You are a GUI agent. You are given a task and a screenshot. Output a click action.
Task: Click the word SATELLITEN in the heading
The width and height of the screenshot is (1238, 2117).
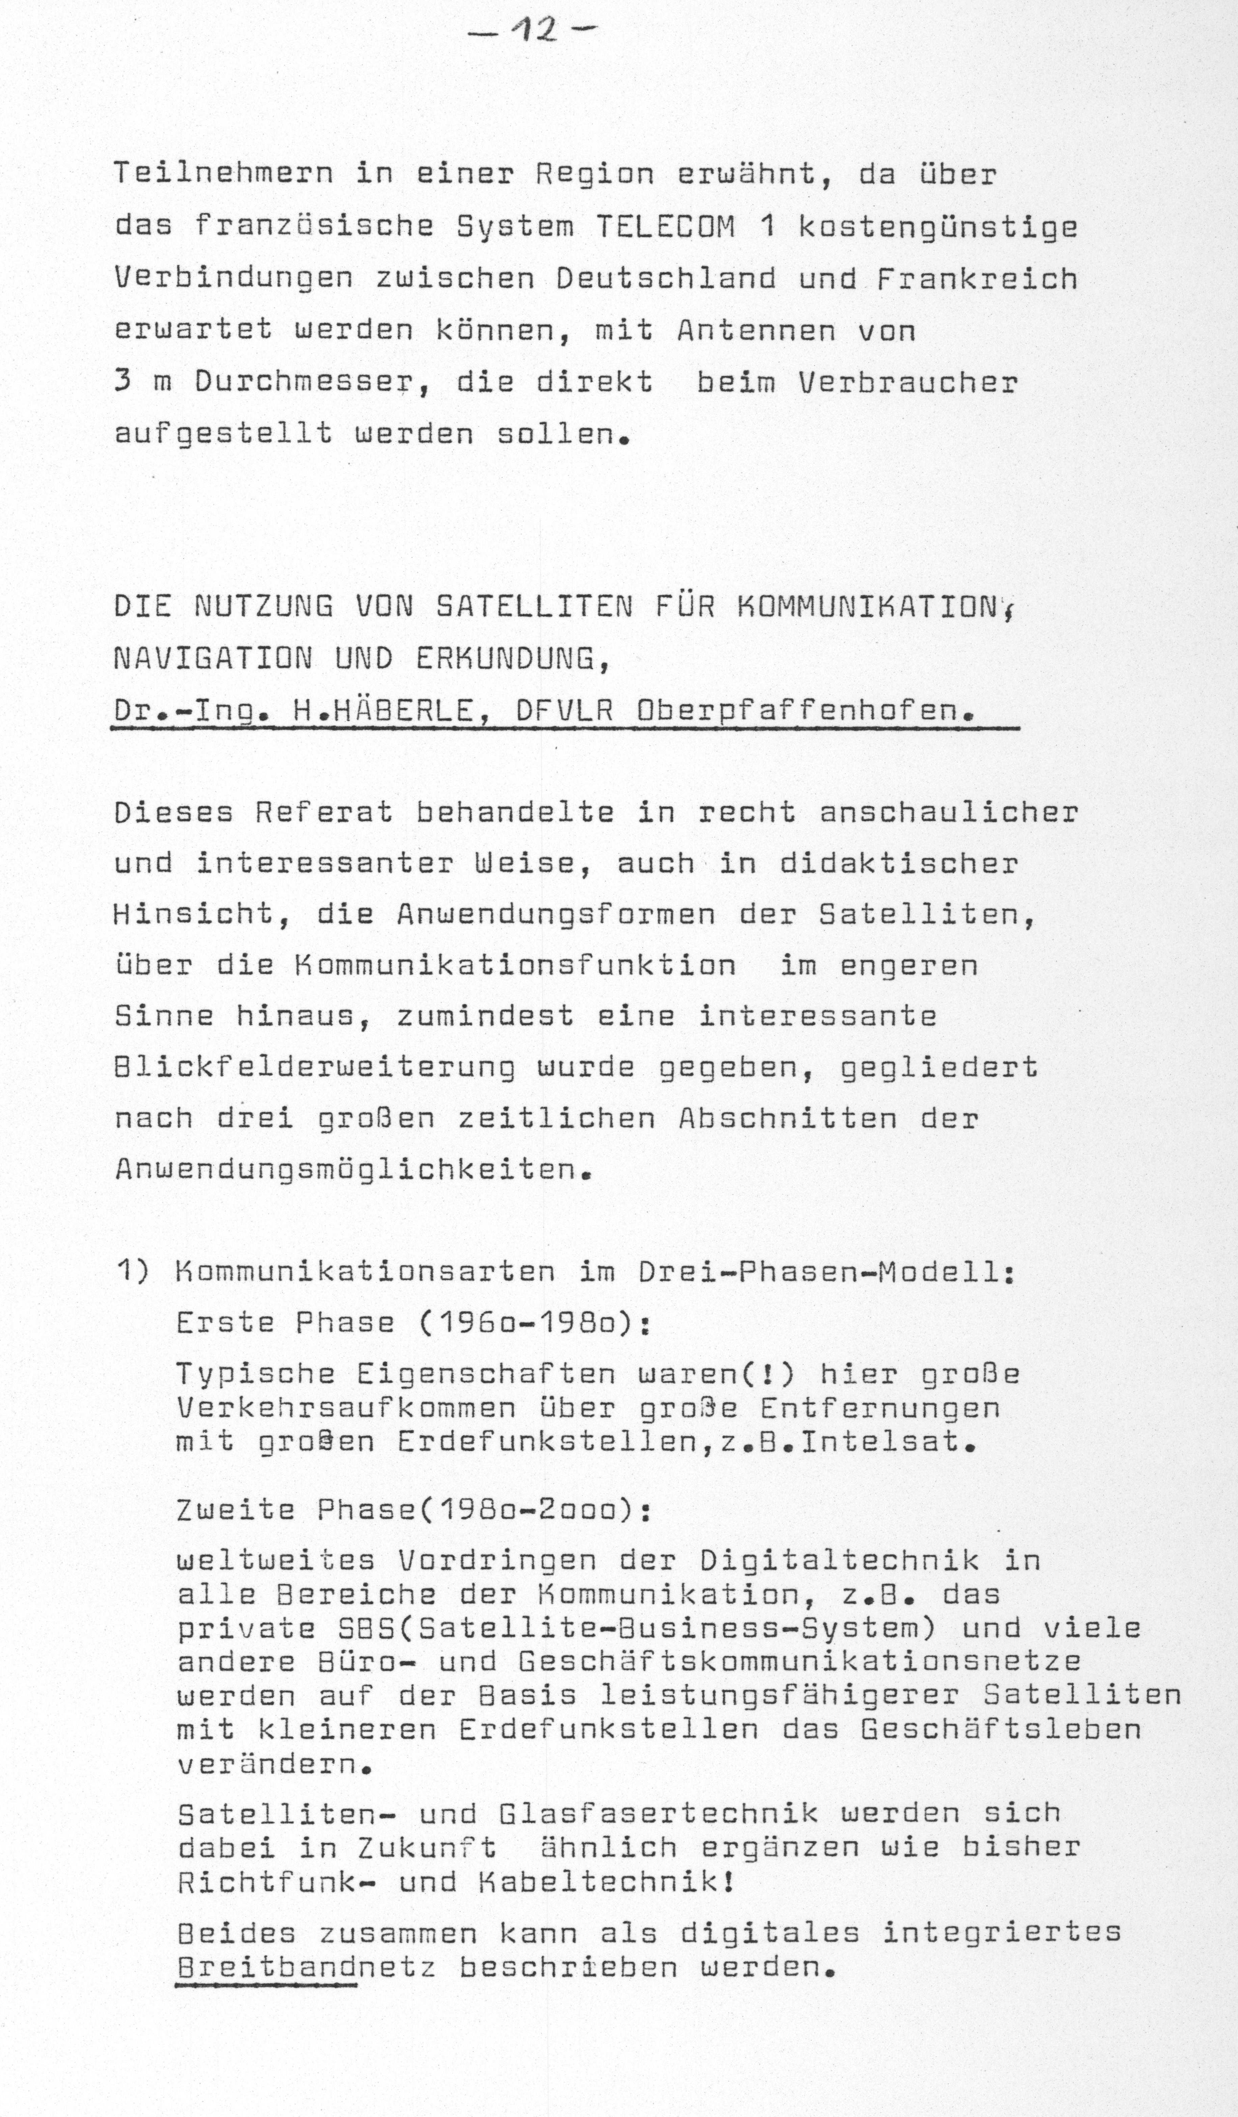pos(534,607)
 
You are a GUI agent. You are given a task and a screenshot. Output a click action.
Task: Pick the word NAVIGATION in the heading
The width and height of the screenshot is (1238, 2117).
pos(212,659)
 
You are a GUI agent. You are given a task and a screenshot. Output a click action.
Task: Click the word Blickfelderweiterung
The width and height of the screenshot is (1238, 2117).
pos(315,1068)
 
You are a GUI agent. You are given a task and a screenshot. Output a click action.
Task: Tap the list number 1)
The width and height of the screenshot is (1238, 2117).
pos(133,1272)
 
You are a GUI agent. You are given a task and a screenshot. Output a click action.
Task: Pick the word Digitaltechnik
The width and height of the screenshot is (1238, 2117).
pos(839,1561)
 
